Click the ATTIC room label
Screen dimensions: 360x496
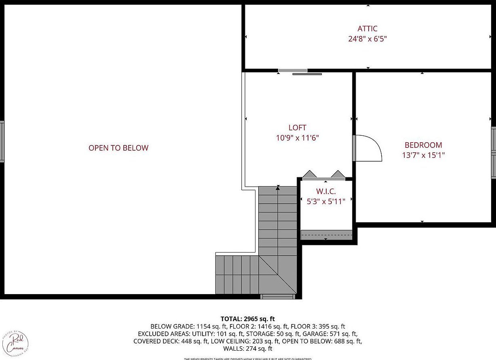(367, 29)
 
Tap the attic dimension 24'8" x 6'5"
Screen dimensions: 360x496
(367, 39)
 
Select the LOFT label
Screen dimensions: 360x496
(298, 128)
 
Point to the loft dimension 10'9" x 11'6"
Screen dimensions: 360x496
(298, 138)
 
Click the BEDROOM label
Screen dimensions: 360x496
(423, 145)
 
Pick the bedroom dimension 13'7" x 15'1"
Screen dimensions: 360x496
(423, 155)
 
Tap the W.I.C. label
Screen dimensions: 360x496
(326, 191)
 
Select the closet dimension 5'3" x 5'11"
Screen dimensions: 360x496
(326, 201)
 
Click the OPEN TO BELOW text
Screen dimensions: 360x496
(118, 148)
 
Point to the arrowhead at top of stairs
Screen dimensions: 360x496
(278, 187)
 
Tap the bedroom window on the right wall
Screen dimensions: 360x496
(493, 152)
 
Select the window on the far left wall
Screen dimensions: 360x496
(2, 141)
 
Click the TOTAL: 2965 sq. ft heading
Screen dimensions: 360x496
(248, 319)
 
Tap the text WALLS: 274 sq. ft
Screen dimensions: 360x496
(248, 348)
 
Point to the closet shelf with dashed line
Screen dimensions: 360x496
(327, 235)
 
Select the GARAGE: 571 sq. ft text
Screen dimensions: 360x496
(331, 334)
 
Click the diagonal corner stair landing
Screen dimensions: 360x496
(278, 275)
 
